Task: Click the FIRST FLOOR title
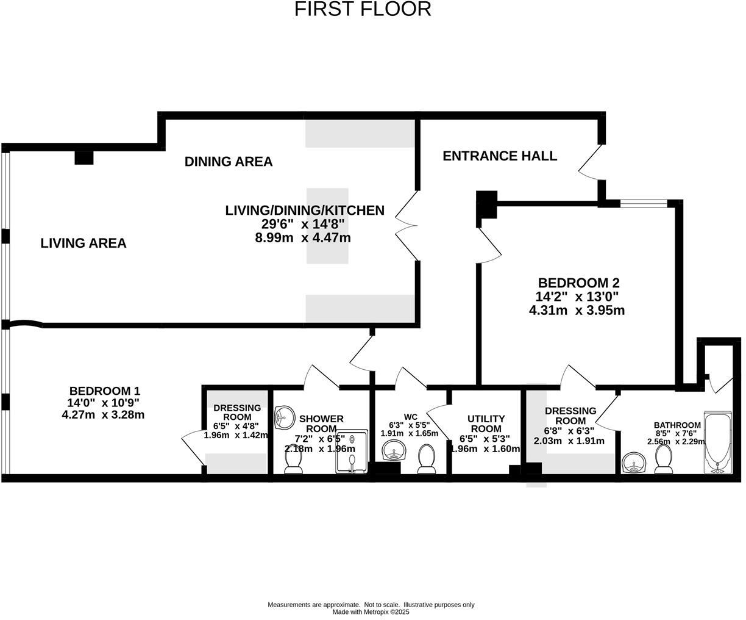[x=363, y=9]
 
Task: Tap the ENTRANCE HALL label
[x=499, y=156]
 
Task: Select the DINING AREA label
[x=229, y=162]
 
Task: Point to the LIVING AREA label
[x=83, y=243]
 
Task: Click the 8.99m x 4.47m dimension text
[x=303, y=238]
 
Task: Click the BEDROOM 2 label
[x=578, y=283]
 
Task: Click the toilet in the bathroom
[x=663, y=459]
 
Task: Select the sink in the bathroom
[x=636, y=463]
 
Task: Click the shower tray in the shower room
[x=352, y=452]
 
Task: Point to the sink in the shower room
[x=284, y=418]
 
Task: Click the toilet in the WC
[x=426, y=459]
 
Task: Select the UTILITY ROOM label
[x=486, y=424]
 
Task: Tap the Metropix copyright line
[x=371, y=611]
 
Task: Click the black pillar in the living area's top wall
[x=83, y=157]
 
